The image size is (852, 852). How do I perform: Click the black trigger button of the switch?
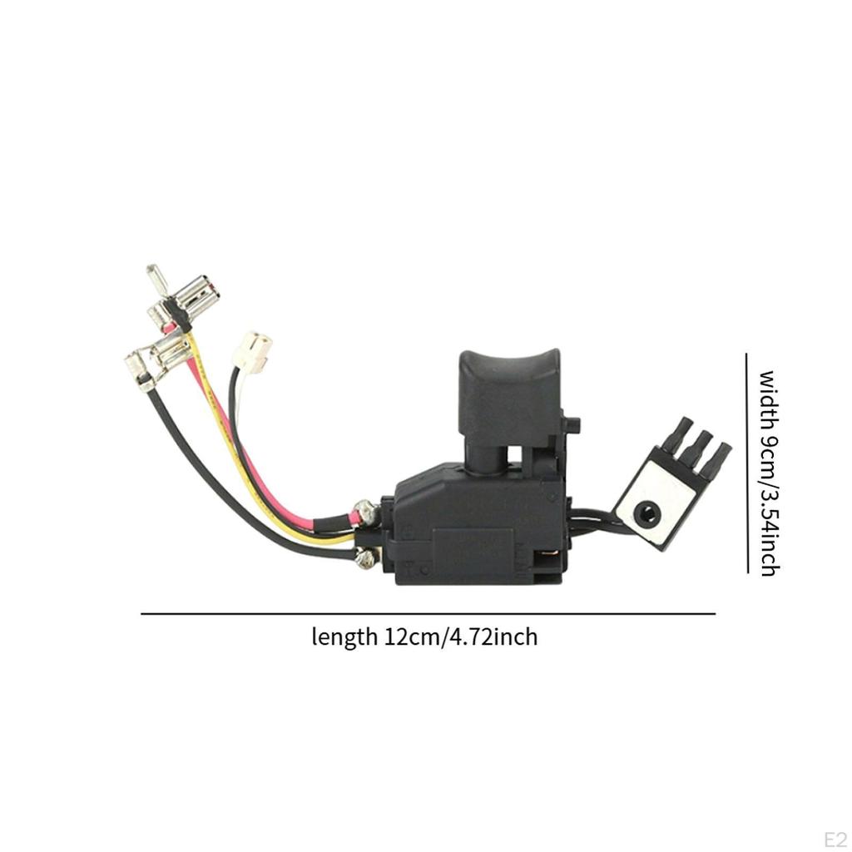[508, 391]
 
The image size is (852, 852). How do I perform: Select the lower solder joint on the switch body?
[364, 559]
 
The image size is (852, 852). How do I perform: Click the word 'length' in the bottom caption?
[344, 638]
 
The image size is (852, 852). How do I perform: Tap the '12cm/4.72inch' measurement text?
[460, 638]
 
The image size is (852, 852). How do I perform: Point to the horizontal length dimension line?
[428, 614]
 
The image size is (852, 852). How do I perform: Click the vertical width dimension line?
[746, 463]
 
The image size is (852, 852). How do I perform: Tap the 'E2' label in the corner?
[835, 837]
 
